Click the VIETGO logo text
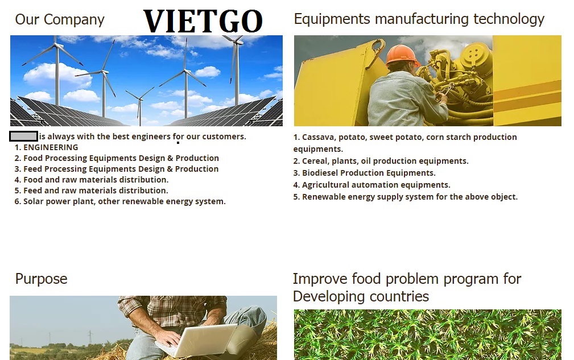(203, 21)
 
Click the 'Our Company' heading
(60, 20)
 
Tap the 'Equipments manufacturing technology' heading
(419, 19)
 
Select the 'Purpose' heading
(42, 279)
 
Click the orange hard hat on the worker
(402, 54)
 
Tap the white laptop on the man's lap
(196, 340)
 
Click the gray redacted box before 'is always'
(23, 136)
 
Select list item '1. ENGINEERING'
(46, 147)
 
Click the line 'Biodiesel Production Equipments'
(364, 173)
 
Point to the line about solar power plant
(120, 201)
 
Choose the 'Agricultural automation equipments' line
(371, 185)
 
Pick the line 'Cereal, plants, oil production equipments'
(381, 162)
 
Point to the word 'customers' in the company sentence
(224, 136)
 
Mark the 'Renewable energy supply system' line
(405, 197)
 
